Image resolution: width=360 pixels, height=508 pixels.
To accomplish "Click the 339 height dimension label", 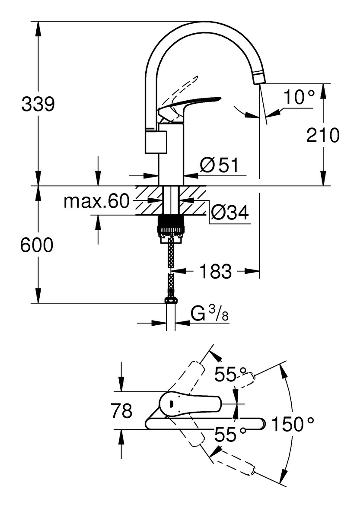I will pyautogui.click(x=38, y=105).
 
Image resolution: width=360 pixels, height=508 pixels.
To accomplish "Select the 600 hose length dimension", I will pyautogui.click(x=37, y=245).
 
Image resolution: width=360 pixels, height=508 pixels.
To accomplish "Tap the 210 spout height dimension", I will pyautogui.click(x=322, y=136).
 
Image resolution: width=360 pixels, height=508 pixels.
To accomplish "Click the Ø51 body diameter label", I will pyautogui.click(x=219, y=165).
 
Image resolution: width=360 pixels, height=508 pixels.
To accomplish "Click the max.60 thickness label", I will pyautogui.click(x=96, y=201).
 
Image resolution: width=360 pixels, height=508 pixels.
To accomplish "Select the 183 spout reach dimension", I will pyautogui.click(x=215, y=272).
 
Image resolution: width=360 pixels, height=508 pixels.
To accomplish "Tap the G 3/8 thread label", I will pyautogui.click(x=209, y=315).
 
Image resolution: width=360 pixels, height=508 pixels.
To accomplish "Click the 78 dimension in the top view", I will pyautogui.click(x=121, y=411).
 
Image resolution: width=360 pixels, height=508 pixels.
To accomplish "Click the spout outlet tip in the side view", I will pyautogui.click(x=259, y=78).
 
